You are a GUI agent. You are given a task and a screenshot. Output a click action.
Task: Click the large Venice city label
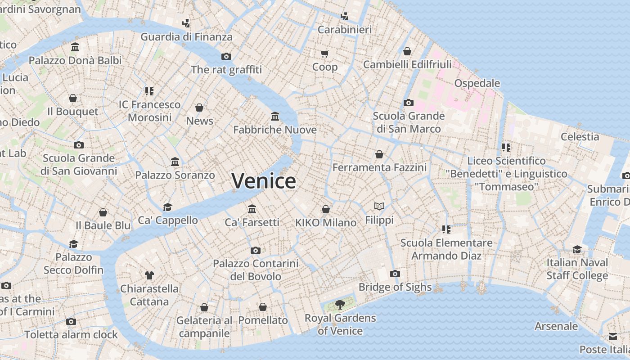click(x=264, y=181)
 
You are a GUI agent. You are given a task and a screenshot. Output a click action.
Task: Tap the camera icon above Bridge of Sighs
click(x=395, y=274)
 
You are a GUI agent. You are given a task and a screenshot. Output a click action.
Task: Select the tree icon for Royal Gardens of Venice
click(x=340, y=305)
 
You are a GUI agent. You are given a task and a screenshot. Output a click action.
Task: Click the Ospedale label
click(x=477, y=83)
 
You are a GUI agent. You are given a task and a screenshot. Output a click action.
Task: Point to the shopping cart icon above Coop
click(x=324, y=54)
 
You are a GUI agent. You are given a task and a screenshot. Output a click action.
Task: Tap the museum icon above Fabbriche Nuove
click(x=275, y=117)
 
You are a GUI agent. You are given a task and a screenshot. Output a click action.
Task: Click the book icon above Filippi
click(x=379, y=206)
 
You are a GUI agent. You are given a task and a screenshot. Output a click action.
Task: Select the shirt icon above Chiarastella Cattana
click(x=149, y=275)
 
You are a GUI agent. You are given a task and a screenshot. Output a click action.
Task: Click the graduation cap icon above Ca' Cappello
click(x=168, y=207)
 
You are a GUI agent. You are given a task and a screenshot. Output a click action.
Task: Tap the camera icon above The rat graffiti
click(x=226, y=56)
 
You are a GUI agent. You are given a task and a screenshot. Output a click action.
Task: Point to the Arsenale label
click(x=556, y=326)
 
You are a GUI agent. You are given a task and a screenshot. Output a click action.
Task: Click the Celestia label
click(x=580, y=137)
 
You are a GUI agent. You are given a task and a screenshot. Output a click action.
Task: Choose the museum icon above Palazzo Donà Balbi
click(x=75, y=47)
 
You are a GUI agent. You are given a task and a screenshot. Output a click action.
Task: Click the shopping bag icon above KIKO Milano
click(x=326, y=209)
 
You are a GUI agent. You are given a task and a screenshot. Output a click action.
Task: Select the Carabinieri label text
click(x=345, y=30)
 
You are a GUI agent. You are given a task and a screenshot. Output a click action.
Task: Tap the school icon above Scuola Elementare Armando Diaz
click(x=446, y=229)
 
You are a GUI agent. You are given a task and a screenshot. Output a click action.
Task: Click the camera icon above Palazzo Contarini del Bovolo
click(x=256, y=250)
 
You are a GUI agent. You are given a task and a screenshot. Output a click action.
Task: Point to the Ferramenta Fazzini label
click(x=379, y=167)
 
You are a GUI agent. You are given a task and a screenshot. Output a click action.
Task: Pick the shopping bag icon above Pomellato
click(x=263, y=307)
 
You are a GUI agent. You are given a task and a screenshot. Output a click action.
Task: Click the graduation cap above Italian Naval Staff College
click(x=577, y=249)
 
